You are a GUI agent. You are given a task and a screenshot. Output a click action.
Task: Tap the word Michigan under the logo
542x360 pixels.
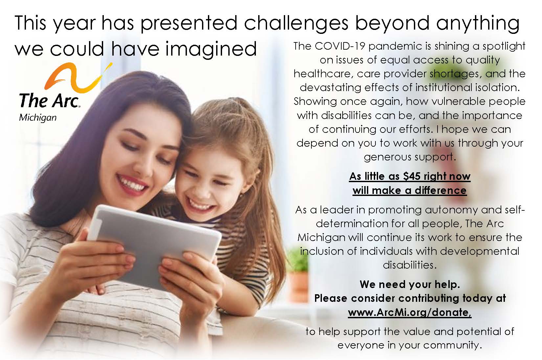pyautogui.click(x=38, y=118)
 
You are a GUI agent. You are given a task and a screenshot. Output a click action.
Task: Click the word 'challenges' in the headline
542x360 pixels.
pyautogui.click(x=296, y=24)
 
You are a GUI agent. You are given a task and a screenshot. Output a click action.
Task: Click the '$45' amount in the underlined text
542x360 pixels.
pyautogui.click(x=412, y=176)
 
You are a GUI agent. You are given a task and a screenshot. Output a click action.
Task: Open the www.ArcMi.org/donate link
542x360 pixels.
pyautogui.click(x=410, y=313)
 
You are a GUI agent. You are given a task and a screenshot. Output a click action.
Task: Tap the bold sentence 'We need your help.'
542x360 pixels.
pyautogui.click(x=410, y=284)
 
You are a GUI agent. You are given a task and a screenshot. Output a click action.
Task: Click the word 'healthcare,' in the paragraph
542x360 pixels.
pyautogui.click(x=322, y=74)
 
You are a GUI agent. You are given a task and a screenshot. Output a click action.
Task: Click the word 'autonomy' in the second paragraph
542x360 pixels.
pyautogui.click(x=451, y=210)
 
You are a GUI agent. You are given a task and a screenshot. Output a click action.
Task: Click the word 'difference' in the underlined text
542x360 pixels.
pyautogui.click(x=440, y=191)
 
